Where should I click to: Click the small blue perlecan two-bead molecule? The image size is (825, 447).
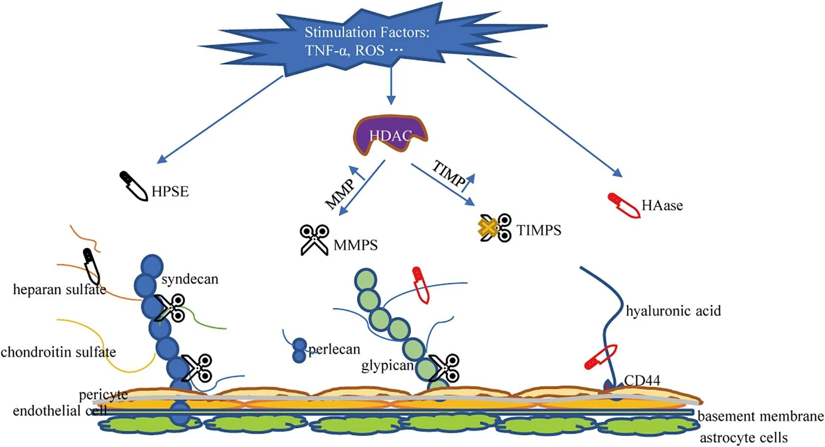299,351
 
